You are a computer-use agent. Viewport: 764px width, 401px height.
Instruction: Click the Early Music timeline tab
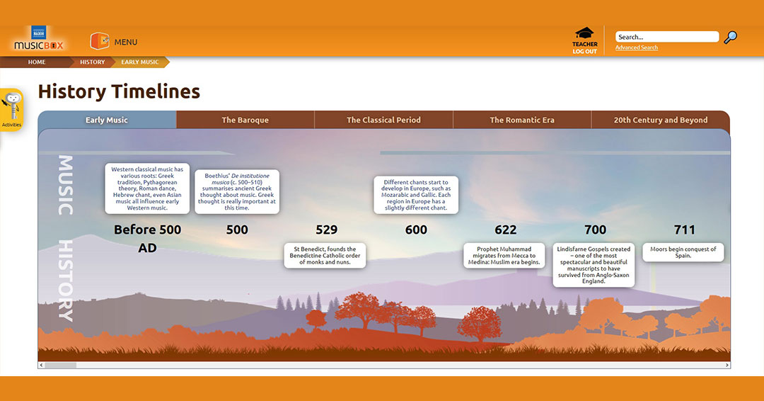click(107, 120)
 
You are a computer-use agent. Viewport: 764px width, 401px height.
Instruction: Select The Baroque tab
click(245, 120)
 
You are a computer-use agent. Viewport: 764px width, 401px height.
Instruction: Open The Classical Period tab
click(383, 120)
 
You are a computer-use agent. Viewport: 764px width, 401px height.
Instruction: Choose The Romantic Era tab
click(522, 120)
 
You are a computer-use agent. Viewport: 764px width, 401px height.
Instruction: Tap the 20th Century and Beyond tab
click(661, 120)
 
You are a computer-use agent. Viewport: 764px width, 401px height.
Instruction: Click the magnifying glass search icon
click(730, 37)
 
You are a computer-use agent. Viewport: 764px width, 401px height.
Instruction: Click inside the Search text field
click(666, 37)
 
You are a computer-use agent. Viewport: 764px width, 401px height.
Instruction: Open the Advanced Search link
click(637, 47)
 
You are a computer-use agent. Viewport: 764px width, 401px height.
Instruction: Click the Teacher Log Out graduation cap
click(585, 33)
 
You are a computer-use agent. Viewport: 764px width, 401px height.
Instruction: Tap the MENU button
click(114, 42)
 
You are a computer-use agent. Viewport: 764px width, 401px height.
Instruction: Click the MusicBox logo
click(38, 39)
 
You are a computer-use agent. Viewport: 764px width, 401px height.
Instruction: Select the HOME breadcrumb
click(37, 62)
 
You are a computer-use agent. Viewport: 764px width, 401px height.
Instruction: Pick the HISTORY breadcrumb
click(93, 62)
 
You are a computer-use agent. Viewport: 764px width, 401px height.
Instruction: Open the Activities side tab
click(11, 111)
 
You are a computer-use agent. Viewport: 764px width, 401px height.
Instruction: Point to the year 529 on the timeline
click(326, 230)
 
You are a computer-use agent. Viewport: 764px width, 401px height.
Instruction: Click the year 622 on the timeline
click(506, 230)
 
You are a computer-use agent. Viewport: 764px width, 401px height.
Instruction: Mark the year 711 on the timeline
click(685, 230)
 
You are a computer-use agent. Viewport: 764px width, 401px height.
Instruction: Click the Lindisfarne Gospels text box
click(594, 265)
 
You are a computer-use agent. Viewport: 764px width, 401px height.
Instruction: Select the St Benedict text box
click(325, 256)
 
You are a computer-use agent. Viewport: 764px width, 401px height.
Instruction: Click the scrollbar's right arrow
click(727, 365)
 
